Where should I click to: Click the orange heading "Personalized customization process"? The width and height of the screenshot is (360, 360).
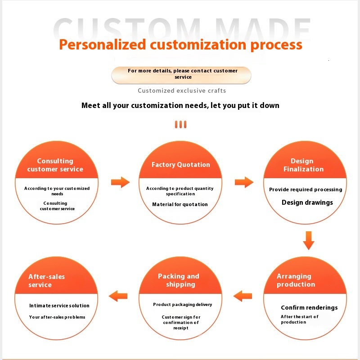tap(180, 45)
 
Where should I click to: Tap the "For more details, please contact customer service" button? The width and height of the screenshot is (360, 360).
tap(181, 74)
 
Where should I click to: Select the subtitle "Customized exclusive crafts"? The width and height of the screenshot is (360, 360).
tap(182, 91)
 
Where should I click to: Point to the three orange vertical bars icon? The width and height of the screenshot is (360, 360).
tap(180, 125)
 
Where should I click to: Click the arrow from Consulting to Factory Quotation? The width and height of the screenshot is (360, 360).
tap(120, 182)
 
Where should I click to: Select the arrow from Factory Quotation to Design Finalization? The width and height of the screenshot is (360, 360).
tap(244, 182)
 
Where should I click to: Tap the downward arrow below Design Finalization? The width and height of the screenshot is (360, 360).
tap(308, 240)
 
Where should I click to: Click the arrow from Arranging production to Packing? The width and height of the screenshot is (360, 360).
tap(243, 296)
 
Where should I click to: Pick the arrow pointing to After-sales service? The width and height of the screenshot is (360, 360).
tap(118, 296)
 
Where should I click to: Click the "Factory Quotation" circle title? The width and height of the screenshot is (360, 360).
tap(180, 165)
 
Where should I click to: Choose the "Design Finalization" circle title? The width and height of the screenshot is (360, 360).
tap(303, 165)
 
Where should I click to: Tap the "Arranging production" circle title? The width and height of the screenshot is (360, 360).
tap(296, 280)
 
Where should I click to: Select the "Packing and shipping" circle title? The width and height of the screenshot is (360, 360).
tap(179, 280)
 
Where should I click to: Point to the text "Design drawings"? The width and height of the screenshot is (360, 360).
tap(307, 202)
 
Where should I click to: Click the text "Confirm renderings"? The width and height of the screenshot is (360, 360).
tap(309, 308)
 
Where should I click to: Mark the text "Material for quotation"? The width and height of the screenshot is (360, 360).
tap(180, 205)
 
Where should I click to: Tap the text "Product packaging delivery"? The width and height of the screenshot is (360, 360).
tap(182, 305)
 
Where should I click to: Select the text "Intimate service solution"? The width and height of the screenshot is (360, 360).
tap(59, 306)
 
